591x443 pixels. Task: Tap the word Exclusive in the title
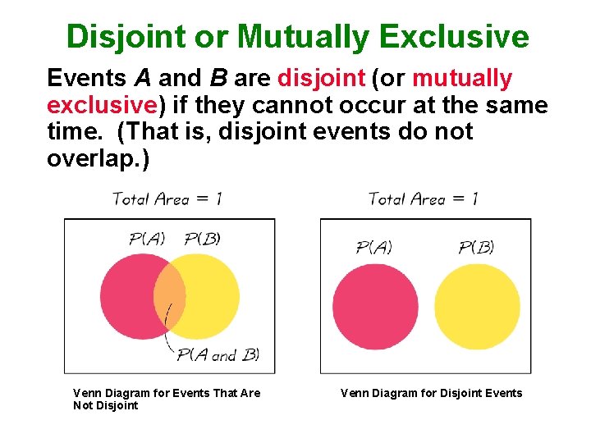465,37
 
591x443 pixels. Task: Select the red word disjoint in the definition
321,79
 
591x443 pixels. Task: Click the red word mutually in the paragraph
462,79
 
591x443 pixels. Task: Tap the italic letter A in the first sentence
140,79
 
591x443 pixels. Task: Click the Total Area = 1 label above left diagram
167,199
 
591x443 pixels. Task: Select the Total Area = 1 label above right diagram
423,199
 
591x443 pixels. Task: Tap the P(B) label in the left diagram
202,239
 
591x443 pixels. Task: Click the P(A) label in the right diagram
373,247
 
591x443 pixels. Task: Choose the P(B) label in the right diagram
476,247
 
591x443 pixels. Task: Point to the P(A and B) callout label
218,355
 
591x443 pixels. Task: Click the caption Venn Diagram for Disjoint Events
431,393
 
